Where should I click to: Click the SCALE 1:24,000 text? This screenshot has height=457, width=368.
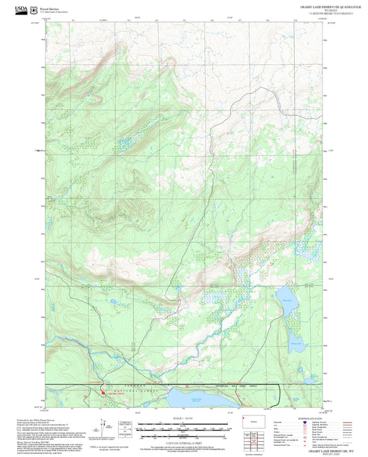click(184, 418)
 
